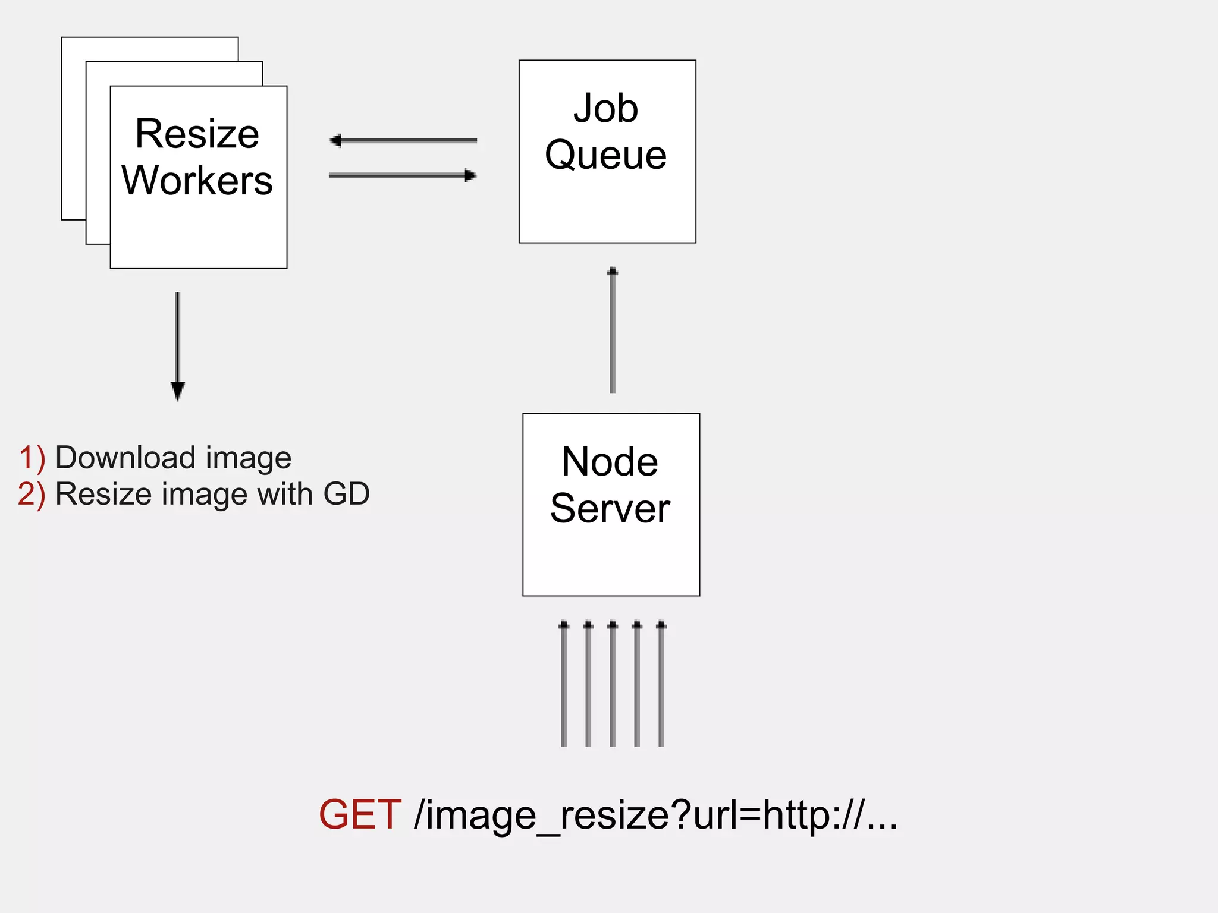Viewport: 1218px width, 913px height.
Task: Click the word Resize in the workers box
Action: tap(197, 134)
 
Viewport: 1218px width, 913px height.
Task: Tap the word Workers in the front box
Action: tap(197, 181)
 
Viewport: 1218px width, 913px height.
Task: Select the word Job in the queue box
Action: tap(605, 109)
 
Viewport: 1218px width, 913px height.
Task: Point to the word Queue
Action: tap(605, 155)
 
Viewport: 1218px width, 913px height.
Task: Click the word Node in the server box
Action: tap(610, 462)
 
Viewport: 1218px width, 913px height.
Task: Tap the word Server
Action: tap(610, 509)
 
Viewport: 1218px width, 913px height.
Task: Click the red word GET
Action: tap(360, 814)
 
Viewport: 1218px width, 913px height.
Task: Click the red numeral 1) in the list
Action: tap(32, 458)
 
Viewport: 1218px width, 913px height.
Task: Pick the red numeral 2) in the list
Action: tap(32, 495)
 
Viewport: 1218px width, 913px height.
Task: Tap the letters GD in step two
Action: tap(346, 494)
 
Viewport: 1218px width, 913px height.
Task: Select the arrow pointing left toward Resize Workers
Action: tap(403, 141)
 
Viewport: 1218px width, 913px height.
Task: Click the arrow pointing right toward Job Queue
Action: tap(403, 175)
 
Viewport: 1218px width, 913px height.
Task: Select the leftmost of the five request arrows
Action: tap(564, 684)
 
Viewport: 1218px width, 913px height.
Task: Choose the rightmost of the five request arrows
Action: tap(661, 684)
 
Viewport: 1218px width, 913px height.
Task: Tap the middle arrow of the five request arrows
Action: tap(613, 684)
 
